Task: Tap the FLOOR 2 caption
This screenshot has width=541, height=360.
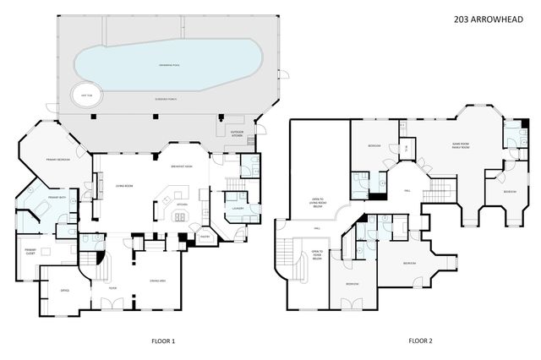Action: tap(420, 341)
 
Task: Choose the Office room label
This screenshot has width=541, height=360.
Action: tap(64, 290)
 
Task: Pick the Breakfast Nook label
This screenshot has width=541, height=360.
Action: tap(182, 166)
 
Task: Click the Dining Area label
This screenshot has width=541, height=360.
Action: tap(157, 280)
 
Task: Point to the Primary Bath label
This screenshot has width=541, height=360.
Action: tap(57, 197)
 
